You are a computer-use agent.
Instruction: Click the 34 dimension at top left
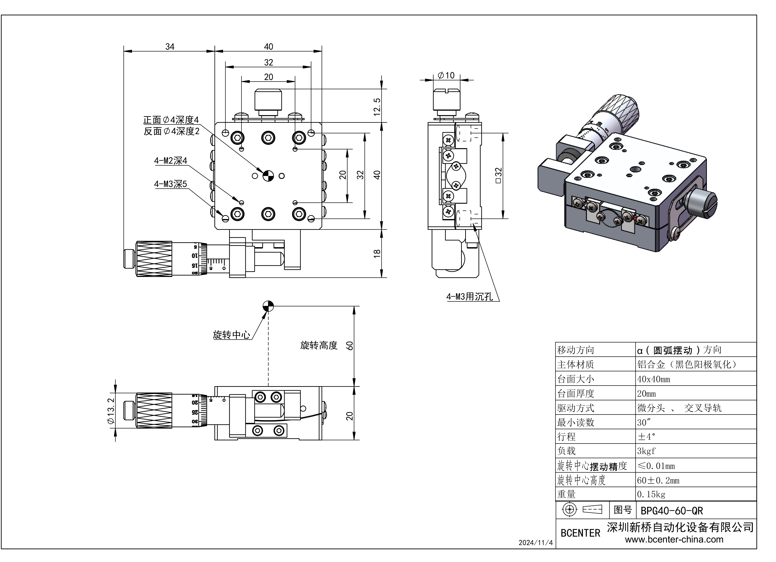(170, 46)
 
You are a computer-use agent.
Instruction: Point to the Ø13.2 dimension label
(110, 411)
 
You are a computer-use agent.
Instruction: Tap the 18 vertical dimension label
(377, 253)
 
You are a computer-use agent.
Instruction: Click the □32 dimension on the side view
(498, 175)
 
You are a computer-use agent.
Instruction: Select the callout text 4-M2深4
(171, 161)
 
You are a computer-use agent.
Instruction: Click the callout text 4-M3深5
(170, 184)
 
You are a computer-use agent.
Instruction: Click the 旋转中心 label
(231, 335)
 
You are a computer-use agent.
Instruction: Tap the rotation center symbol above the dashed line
(268, 306)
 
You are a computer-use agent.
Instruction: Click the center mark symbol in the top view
(268, 175)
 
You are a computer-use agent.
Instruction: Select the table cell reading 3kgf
(646, 451)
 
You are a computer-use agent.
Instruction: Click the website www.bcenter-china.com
(674, 539)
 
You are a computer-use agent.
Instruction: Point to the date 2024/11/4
(535, 543)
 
